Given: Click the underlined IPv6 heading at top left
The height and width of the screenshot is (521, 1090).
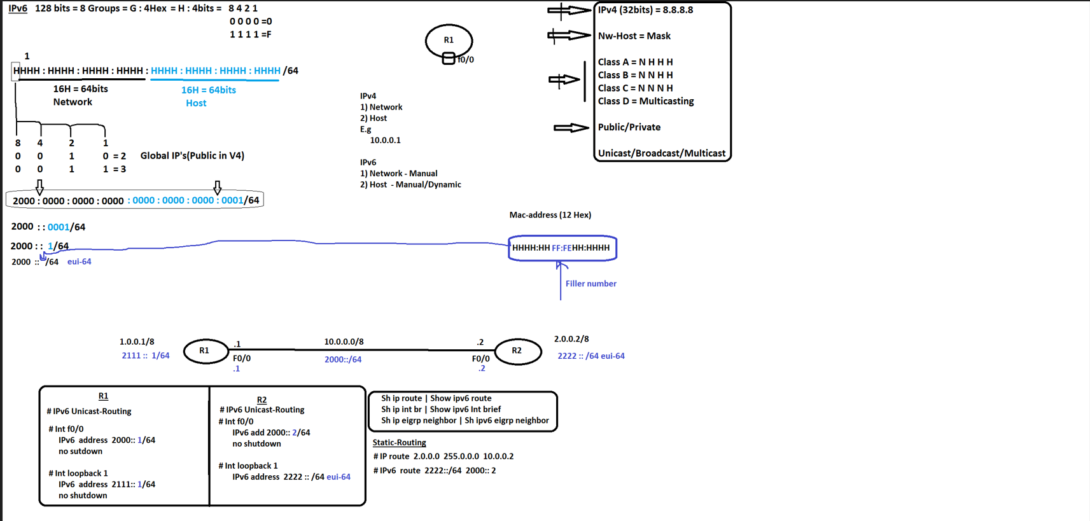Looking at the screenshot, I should tap(18, 8).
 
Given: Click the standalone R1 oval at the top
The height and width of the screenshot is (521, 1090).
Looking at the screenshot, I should tap(449, 40).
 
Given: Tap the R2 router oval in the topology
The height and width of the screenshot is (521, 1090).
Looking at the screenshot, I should tap(517, 351).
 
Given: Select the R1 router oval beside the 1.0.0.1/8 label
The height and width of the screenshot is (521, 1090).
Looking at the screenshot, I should tap(205, 351).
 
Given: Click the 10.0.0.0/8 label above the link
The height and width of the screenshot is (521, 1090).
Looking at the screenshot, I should tap(344, 342).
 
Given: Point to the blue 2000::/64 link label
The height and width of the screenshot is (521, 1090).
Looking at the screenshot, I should tap(343, 359).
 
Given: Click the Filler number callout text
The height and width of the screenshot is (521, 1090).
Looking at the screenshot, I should tap(590, 284).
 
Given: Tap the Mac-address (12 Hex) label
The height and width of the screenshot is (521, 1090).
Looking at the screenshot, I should tap(550, 215).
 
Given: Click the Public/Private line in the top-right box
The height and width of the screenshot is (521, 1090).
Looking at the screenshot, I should tap(629, 127).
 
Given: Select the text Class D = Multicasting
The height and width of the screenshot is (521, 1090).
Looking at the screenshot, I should tap(645, 101).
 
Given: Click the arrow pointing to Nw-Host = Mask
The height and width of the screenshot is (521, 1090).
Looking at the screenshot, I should tap(569, 36).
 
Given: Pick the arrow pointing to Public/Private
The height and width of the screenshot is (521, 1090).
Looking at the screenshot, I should tap(571, 128).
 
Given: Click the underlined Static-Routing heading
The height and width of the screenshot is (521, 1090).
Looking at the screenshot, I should tap(399, 442).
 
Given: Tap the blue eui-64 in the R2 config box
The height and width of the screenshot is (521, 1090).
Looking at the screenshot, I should tap(339, 477).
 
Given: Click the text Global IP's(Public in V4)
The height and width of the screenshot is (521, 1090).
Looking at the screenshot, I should tap(192, 155).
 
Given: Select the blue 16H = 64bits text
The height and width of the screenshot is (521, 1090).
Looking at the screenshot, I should tap(209, 90).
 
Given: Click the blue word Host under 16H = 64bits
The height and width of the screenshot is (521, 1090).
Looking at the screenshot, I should tap(196, 103).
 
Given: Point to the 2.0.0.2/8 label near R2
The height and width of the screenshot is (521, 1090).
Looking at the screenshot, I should tap(571, 339).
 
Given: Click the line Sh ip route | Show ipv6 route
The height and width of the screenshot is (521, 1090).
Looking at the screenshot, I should tap(436, 398).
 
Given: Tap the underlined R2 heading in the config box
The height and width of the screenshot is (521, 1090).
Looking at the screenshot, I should tap(262, 399).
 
